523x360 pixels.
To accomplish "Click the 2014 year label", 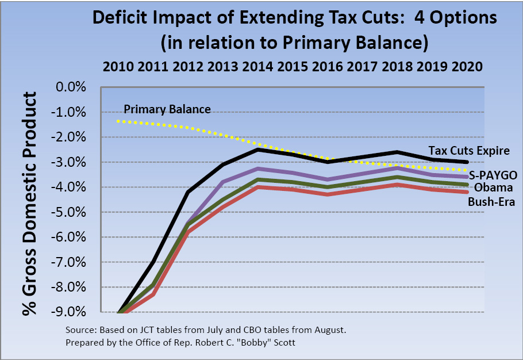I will tap(258, 66).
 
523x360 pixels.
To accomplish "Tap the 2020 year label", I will tap(467, 66).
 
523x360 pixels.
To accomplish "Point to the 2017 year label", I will tap(362, 66).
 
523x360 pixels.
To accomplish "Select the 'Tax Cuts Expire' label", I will tap(468, 151).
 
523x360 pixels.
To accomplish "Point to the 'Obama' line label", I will tap(493, 187).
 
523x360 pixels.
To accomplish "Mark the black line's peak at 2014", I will tap(259, 149).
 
